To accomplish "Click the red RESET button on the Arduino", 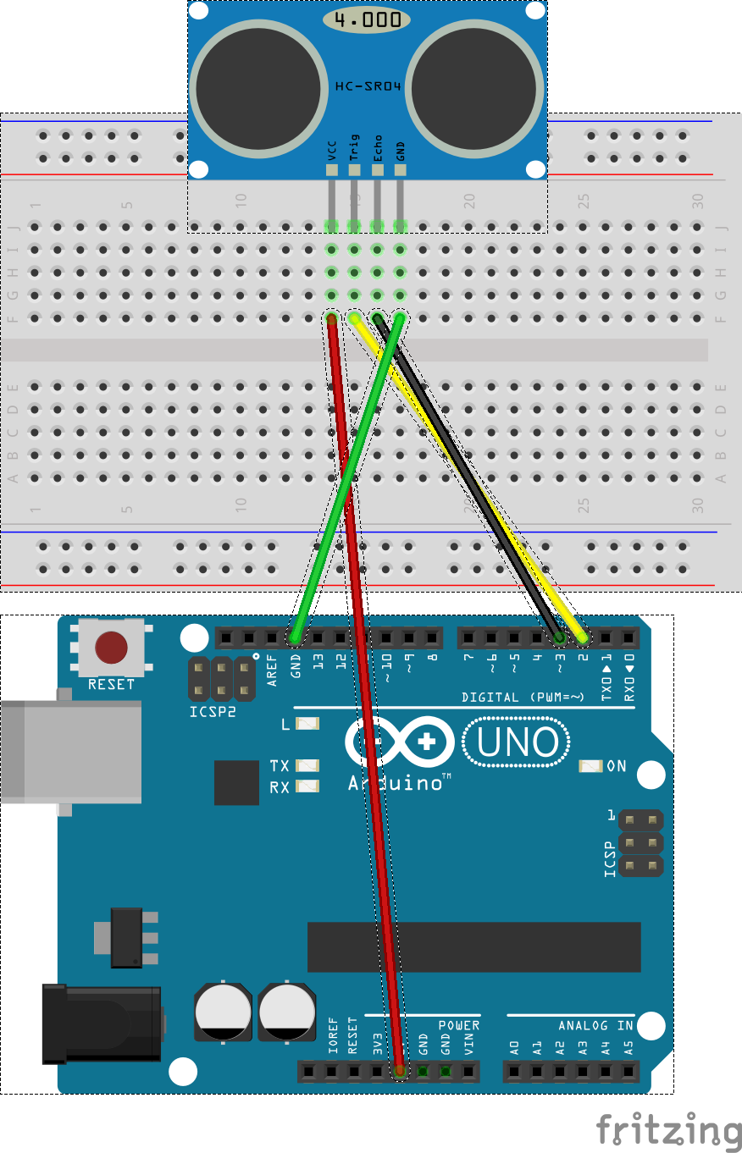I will coord(111,648).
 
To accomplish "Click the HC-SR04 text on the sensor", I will coord(368,86).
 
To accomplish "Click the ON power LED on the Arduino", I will coord(590,766).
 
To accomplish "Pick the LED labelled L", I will coord(308,724).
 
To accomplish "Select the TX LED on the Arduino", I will coord(308,765).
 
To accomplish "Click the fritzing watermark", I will coord(668,1131).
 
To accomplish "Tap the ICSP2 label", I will coord(213,712).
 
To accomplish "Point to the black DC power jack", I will coord(102,1023).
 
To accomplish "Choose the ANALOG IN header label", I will coord(595,1025).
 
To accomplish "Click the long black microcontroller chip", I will coord(473,947).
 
